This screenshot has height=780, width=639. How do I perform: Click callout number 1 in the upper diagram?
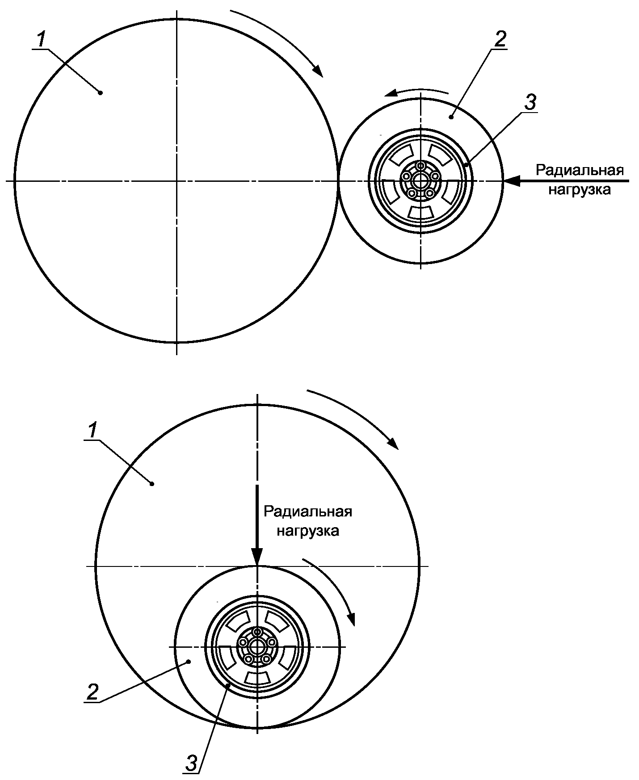pyautogui.click(x=41, y=41)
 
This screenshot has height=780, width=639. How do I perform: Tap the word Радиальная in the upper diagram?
pyautogui.click(x=580, y=171)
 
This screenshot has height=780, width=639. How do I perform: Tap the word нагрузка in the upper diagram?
pyautogui.click(x=579, y=190)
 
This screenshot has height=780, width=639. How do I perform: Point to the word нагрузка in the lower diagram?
pyautogui.click(x=308, y=531)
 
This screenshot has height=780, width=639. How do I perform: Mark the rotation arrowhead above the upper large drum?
pyautogui.click(x=317, y=71)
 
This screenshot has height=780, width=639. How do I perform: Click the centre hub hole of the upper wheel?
pyautogui.click(x=420, y=181)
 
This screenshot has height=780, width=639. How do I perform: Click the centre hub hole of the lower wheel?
pyautogui.click(x=257, y=646)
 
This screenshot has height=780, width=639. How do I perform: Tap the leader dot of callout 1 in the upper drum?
pyautogui.click(x=100, y=92)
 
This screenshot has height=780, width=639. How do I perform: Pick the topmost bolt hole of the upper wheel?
pyautogui.click(x=420, y=166)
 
